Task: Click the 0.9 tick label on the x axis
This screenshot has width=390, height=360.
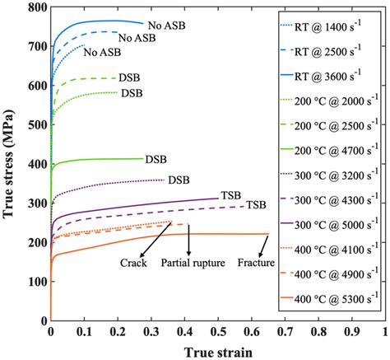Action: (351, 330)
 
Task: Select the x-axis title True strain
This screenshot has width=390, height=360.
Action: (217, 349)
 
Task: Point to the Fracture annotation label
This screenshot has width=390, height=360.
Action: (256, 263)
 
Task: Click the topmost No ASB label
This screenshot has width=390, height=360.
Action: (167, 26)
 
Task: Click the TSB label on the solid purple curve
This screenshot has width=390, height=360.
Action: (230, 196)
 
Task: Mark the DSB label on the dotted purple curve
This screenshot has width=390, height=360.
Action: (178, 180)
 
